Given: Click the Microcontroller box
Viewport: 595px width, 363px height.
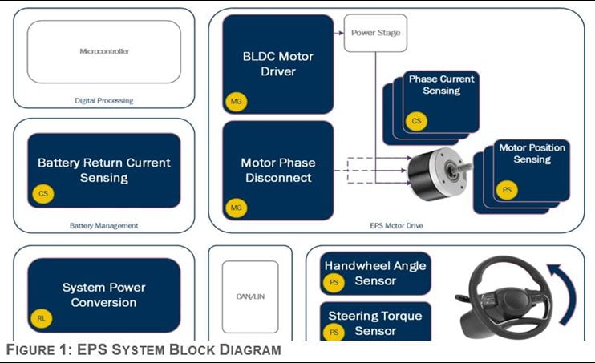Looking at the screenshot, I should (104, 51).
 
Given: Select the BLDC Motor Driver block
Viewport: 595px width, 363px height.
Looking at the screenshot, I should (277, 64).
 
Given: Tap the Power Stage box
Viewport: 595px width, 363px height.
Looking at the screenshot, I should (375, 33).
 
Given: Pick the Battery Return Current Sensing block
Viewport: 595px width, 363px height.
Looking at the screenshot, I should (103, 171).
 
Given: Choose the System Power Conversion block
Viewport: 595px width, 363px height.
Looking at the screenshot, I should (103, 295).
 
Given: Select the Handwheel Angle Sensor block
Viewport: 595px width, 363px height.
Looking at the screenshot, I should (375, 273).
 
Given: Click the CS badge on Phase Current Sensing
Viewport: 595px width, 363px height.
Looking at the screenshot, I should (416, 121).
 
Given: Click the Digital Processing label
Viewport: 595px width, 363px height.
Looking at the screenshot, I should (103, 101).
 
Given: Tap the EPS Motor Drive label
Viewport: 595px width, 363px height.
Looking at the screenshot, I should (396, 226).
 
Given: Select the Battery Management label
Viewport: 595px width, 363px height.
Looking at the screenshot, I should (103, 226).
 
